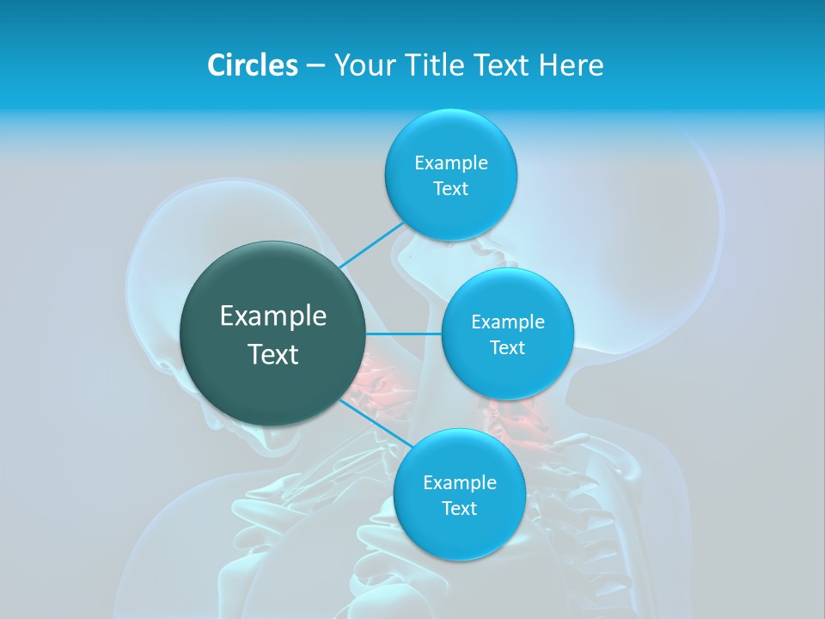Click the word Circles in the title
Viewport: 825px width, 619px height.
pyautogui.click(x=253, y=65)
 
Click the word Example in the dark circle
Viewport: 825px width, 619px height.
pyautogui.click(x=273, y=316)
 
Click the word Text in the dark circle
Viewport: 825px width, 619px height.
pyautogui.click(x=273, y=354)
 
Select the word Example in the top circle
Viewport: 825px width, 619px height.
pyautogui.click(x=450, y=163)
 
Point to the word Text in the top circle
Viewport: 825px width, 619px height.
pyautogui.click(x=450, y=189)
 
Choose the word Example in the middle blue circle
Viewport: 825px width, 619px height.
pyautogui.click(x=507, y=322)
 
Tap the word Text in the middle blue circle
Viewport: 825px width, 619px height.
pyautogui.click(x=507, y=348)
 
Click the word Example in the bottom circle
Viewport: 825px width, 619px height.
pyautogui.click(x=459, y=483)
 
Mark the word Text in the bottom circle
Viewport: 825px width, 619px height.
pyautogui.click(x=459, y=509)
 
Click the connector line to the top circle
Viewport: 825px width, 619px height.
pyautogui.click(x=371, y=246)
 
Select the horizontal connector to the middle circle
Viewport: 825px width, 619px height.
pyautogui.click(x=403, y=334)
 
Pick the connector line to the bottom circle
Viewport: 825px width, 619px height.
pyautogui.click(x=376, y=423)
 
